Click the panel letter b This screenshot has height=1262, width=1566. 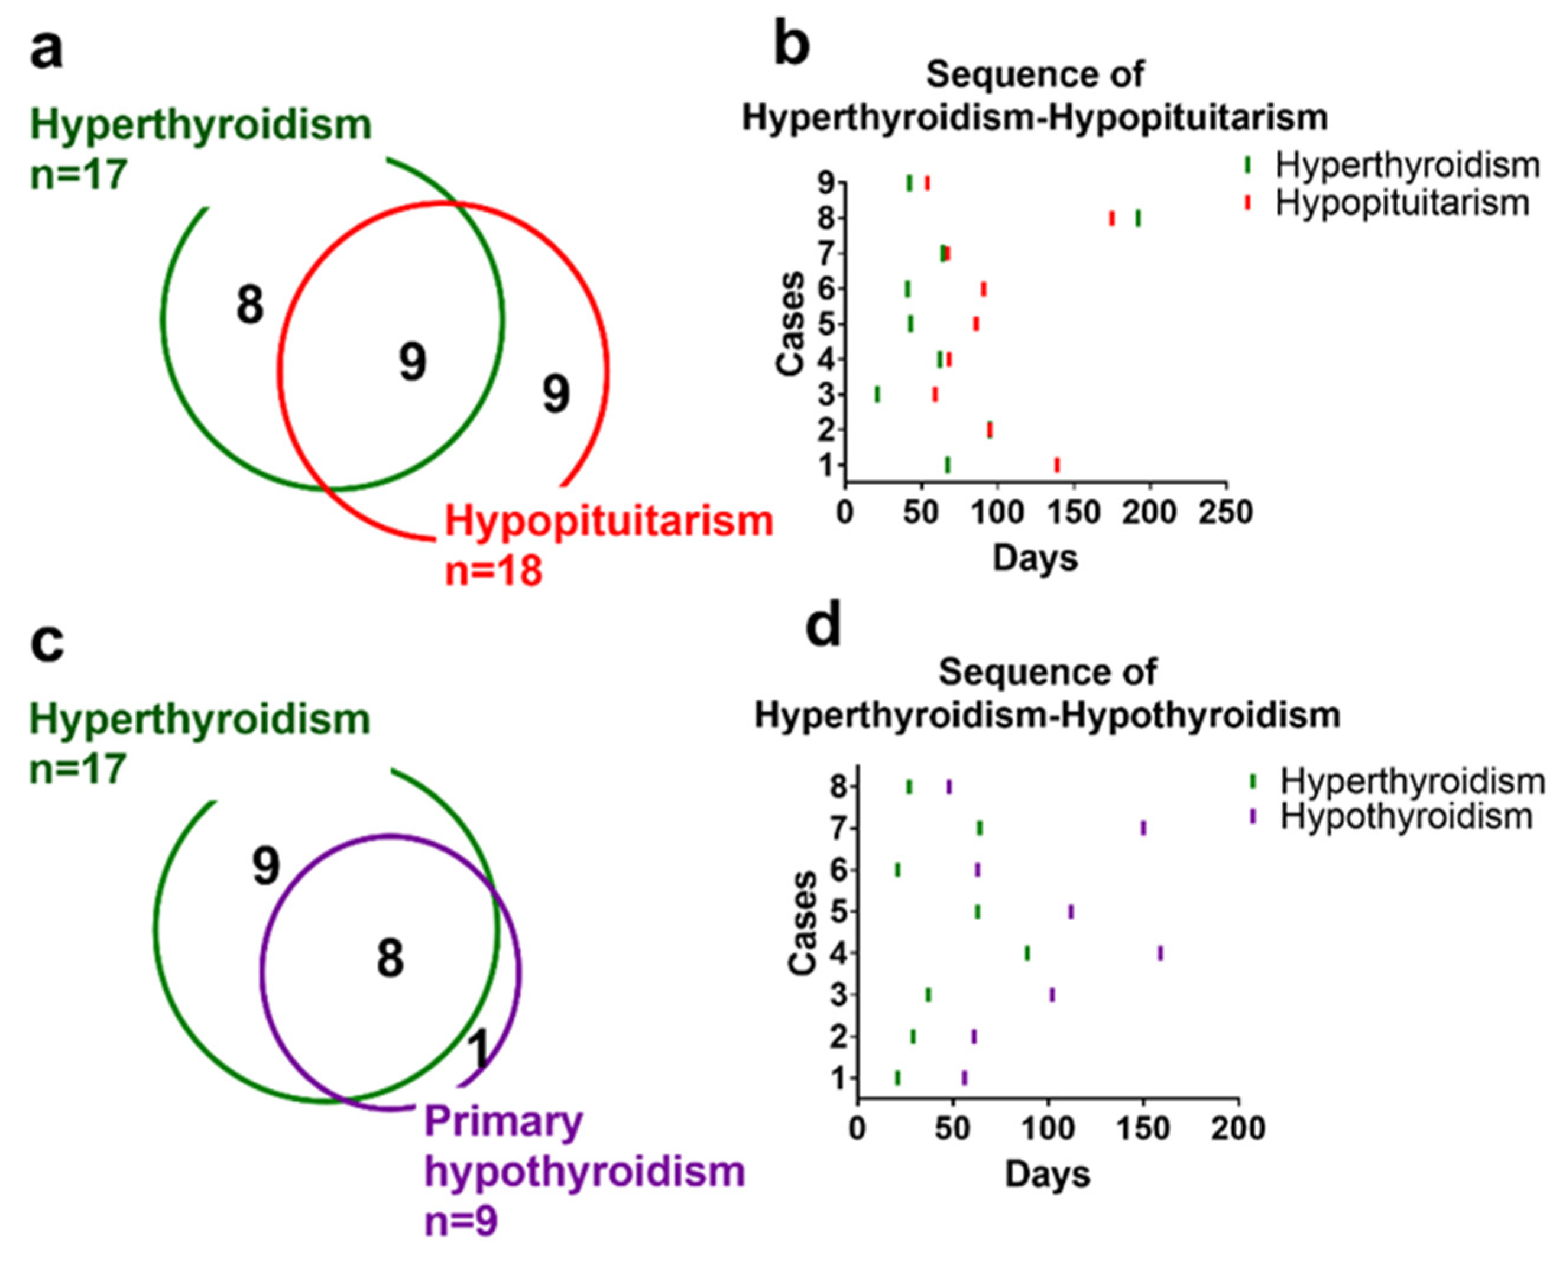(790, 45)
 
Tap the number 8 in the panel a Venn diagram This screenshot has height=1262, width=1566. (249, 306)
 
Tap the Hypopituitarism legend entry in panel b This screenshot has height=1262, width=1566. (1402, 202)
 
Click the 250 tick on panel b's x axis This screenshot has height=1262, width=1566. (1227, 512)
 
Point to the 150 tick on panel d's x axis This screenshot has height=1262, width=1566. (1143, 1129)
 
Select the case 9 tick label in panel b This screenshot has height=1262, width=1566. (826, 183)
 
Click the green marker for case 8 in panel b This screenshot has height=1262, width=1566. (1138, 218)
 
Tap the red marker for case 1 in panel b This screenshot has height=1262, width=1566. (1057, 465)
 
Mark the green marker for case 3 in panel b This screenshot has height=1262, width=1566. (877, 394)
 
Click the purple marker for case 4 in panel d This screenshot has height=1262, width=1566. (1160, 953)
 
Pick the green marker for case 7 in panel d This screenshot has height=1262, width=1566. (980, 828)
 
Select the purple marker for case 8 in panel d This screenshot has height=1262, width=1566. (949, 787)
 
